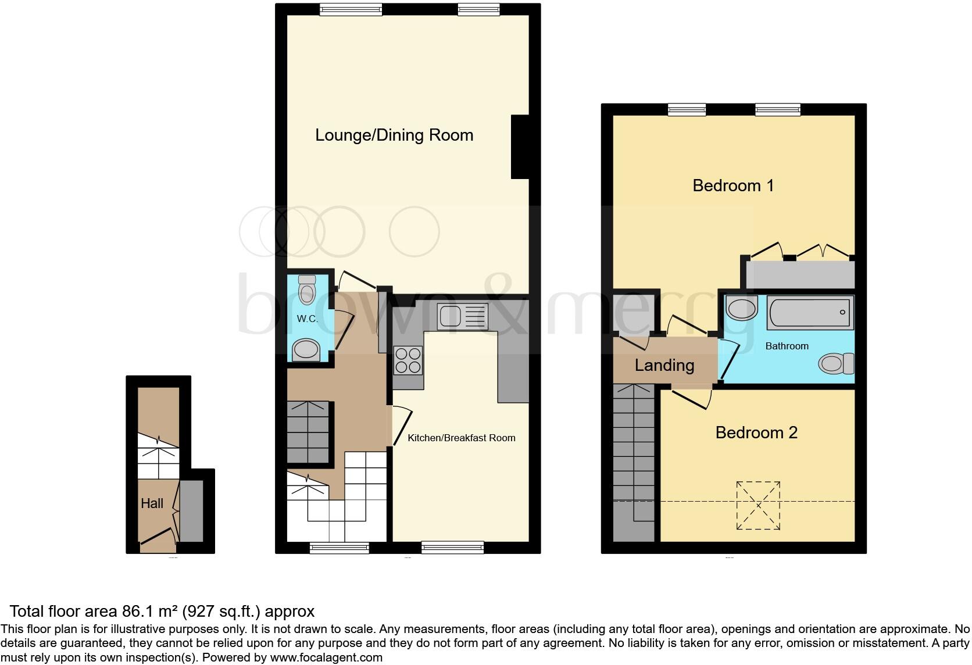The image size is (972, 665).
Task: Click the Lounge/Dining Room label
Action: [394, 135]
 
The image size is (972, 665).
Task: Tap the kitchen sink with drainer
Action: [463, 317]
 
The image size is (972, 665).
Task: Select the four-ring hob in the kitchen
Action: [408, 359]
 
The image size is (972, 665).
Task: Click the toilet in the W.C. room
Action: [306, 289]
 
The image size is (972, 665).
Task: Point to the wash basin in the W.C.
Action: [306, 351]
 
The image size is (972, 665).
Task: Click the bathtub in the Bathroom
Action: [810, 313]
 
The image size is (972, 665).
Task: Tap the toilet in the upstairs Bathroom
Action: [836, 364]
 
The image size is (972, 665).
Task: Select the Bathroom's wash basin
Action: [741, 308]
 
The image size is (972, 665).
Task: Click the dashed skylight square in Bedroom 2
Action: [758, 505]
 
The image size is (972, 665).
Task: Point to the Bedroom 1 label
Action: [732, 185]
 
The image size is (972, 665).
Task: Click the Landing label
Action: [664, 365]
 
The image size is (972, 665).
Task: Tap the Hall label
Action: [152, 503]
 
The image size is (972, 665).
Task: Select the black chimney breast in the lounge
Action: [519, 147]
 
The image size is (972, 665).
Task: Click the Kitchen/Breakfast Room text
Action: [461, 438]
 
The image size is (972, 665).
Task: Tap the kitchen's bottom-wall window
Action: [452, 546]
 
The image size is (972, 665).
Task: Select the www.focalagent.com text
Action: [326, 657]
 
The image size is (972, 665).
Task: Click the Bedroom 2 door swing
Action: [694, 399]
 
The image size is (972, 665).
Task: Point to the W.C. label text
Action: [307, 319]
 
